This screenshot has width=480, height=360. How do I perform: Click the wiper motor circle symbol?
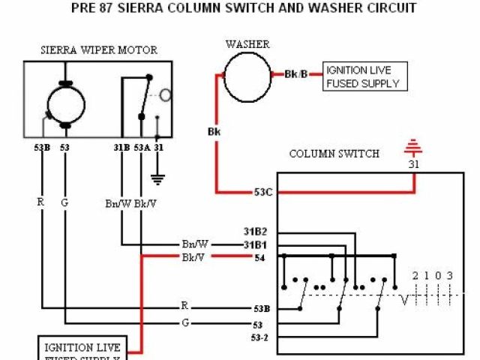(67, 103)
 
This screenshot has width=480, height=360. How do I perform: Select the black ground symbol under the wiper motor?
(157, 178)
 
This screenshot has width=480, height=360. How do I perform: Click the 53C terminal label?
(262, 192)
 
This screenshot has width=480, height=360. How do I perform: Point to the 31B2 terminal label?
(255, 231)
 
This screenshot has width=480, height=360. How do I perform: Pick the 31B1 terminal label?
(255, 244)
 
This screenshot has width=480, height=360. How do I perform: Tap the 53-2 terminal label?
(259, 337)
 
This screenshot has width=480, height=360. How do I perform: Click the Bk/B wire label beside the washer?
(296, 74)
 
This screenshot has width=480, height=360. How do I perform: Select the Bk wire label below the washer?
(214, 132)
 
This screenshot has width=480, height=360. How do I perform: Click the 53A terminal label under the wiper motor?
(142, 148)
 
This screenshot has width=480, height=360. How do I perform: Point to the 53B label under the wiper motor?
(42, 148)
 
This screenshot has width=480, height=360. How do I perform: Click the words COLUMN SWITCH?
(334, 154)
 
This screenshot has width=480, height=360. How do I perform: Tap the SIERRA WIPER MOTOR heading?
(98, 50)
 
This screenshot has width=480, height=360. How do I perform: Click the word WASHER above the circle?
(247, 44)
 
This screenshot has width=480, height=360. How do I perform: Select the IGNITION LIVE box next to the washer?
(365, 76)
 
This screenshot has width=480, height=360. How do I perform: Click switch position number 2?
(415, 276)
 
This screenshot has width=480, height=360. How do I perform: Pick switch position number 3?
(449, 276)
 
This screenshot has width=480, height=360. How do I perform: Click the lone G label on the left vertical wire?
(64, 202)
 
